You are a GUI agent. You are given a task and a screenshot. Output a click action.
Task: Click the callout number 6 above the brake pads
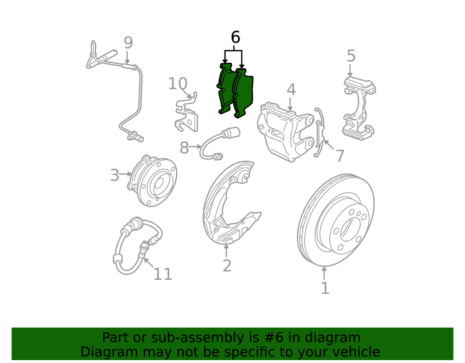tap(235, 37)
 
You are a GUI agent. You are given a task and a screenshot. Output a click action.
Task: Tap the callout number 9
tap(128, 43)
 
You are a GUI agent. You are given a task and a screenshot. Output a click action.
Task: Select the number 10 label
tap(178, 84)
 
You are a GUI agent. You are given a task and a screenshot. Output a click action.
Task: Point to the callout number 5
tap(351, 56)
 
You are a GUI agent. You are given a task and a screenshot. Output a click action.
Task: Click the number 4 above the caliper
tap(291, 90)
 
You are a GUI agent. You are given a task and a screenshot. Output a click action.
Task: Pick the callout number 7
tap(340, 156)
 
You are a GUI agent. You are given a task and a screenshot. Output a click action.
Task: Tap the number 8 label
tap(184, 148)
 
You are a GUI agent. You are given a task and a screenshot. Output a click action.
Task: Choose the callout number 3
tap(115, 175)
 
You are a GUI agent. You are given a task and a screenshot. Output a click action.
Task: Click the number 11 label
tap(162, 274)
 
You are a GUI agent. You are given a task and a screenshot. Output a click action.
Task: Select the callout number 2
tap(227, 266)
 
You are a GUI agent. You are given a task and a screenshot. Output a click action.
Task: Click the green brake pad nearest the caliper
tap(243, 93)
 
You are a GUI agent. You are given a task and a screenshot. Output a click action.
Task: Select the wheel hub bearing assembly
tap(152, 180)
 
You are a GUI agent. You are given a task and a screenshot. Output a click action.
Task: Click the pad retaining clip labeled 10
tap(186, 112)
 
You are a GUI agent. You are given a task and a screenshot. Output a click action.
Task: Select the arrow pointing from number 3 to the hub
tap(125, 174)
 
